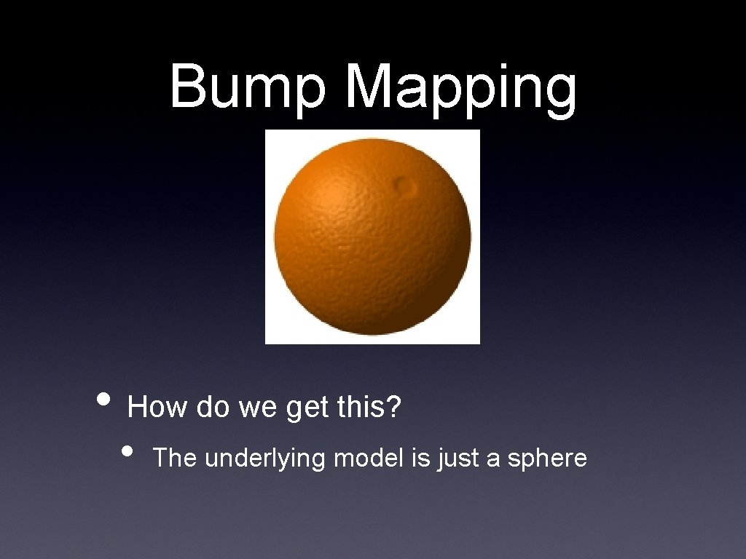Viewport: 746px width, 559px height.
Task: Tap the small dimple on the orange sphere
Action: point(403,187)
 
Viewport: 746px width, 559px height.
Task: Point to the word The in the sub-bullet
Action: point(176,459)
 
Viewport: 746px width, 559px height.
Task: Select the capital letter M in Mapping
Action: point(369,86)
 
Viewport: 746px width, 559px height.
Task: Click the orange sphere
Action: point(372,237)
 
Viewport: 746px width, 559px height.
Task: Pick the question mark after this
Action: point(394,408)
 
